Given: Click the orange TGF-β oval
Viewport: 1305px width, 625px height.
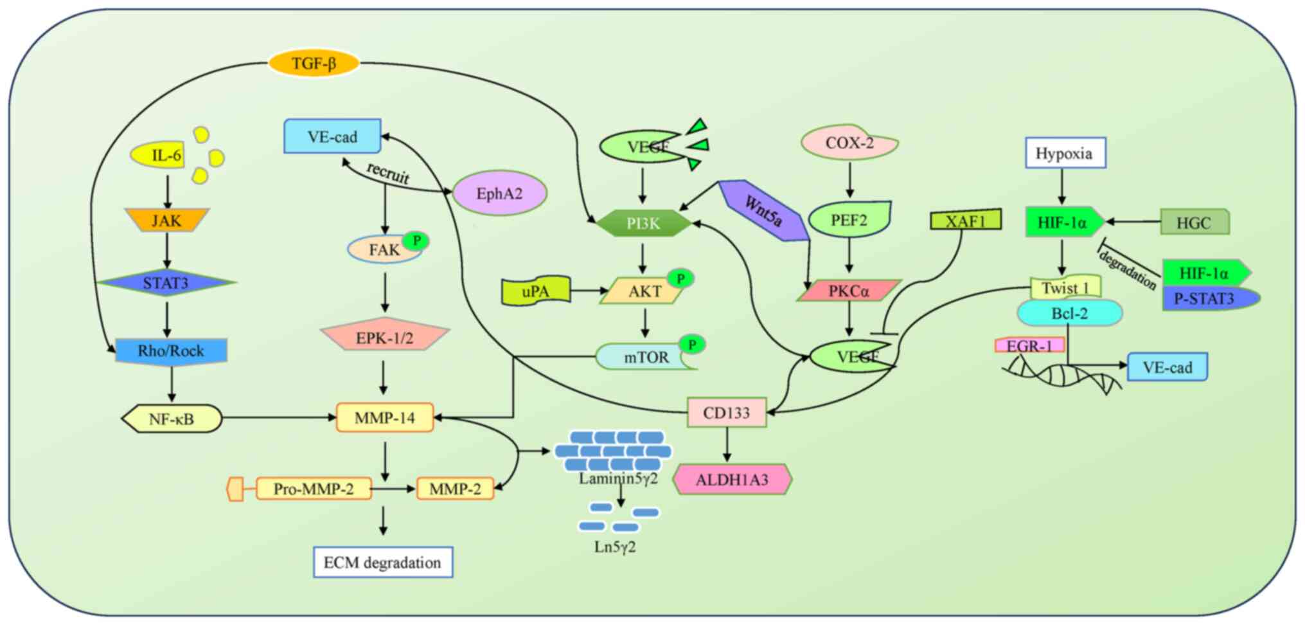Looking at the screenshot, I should click(x=314, y=64).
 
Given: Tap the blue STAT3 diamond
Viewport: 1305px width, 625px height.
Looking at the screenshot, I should click(x=166, y=283).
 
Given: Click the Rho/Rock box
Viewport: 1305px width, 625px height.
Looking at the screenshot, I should click(x=171, y=351).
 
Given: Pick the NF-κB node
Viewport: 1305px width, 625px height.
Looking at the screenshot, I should click(x=172, y=419).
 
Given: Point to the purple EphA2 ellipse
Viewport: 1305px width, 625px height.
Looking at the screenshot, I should click(x=499, y=194).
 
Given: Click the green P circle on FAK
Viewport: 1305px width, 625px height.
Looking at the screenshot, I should click(x=416, y=241).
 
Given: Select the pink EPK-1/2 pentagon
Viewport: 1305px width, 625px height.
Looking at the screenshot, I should click(x=384, y=337).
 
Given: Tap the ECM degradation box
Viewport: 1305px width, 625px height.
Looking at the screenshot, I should click(x=383, y=563).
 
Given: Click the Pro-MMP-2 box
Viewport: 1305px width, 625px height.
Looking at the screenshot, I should click(x=314, y=489).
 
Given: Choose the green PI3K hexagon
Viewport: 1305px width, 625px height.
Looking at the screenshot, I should click(x=643, y=223).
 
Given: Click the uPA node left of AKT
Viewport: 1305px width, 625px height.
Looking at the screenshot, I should click(x=535, y=291).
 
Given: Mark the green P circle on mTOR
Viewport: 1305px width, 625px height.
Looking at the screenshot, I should click(x=692, y=345).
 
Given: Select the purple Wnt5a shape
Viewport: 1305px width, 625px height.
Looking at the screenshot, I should click(x=764, y=210).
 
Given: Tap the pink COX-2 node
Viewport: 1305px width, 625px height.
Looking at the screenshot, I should click(x=849, y=143).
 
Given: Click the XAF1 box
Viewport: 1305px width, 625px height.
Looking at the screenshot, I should click(x=965, y=221).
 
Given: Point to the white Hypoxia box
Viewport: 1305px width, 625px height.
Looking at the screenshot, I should click(x=1065, y=154).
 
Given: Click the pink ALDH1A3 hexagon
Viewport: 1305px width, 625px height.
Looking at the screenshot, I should click(x=732, y=480).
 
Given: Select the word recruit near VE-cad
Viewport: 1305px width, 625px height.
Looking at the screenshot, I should click(x=387, y=173).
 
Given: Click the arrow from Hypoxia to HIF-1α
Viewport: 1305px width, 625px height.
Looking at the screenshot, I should click(x=1062, y=187).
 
